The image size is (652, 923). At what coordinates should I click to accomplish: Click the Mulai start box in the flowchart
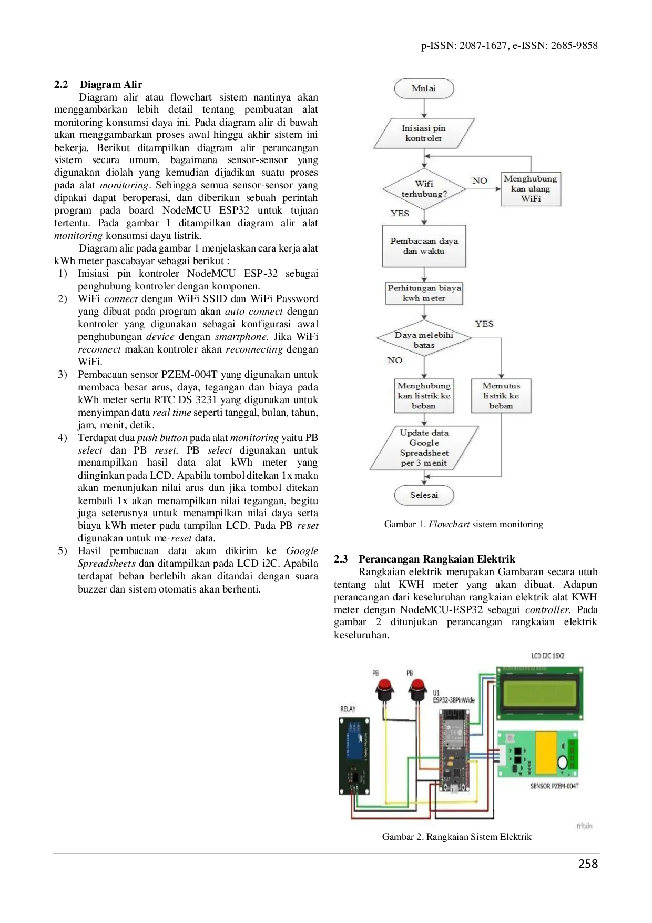pyautogui.click(x=424, y=88)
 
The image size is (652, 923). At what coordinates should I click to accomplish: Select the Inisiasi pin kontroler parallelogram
pyautogui.click(x=424, y=133)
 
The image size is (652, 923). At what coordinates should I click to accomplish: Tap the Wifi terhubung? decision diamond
pyautogui.click(x=424, y=189)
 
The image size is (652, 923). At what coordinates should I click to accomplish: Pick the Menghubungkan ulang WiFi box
pyautogui.click(x=531, y=189)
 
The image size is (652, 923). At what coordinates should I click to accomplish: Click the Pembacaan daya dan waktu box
pyautogui.click(x=424, y=246)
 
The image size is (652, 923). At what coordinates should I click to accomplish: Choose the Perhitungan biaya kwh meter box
pyautogui.click(x=424, y=293)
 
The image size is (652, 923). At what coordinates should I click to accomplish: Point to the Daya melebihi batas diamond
pyautogui.click(x=424, y=339)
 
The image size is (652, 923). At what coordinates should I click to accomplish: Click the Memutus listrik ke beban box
pyautogui.click(x=501, y=396)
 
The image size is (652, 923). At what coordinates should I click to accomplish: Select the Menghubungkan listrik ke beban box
pyautogui.click(x=424, y=396)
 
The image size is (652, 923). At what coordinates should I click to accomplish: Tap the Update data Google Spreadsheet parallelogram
pyautogui.click(x=424, y=448)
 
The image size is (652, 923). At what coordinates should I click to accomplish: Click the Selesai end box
pyautogui.click(x=424, y=495)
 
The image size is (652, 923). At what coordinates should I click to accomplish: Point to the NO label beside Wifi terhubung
pyautogui.click(x=480, y=180)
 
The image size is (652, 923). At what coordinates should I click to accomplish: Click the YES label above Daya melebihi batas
pyautogui.click(x=484, y=324)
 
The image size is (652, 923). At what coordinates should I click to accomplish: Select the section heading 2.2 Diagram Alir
pyautogui.click(x=98, y=84)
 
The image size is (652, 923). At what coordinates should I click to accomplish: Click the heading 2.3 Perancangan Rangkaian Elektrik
pyautogui.click(x=424, y=559)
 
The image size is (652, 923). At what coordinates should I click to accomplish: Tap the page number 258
pyautogui.click(x=588, y=864)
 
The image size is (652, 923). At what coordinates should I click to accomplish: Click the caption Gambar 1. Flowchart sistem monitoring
pyautogui.click(x=463, y=524)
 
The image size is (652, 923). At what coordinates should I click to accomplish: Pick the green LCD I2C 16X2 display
pyautogui.click(x=540, y=694)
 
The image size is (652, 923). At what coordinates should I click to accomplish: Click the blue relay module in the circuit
pyautogui.click(x=354, y=756)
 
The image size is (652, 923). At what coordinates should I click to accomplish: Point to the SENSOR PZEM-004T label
pyautogui.click(x=554, y=786)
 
